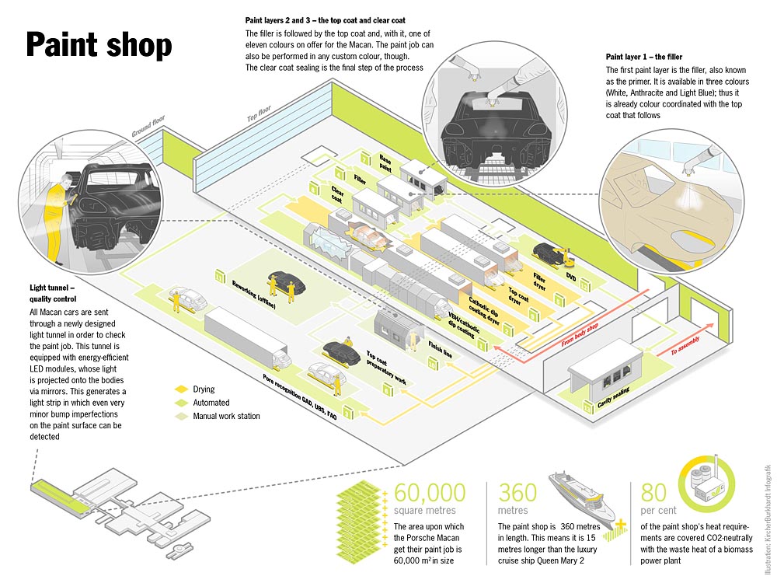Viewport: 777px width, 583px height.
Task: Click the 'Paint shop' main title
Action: coord(99,45)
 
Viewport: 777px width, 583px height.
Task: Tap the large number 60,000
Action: coord(430,493)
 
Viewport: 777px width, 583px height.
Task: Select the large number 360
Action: coord(517,493)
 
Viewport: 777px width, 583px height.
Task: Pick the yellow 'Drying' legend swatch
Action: coord(181,389)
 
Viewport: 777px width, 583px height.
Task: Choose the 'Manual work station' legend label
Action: coord(226,417)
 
